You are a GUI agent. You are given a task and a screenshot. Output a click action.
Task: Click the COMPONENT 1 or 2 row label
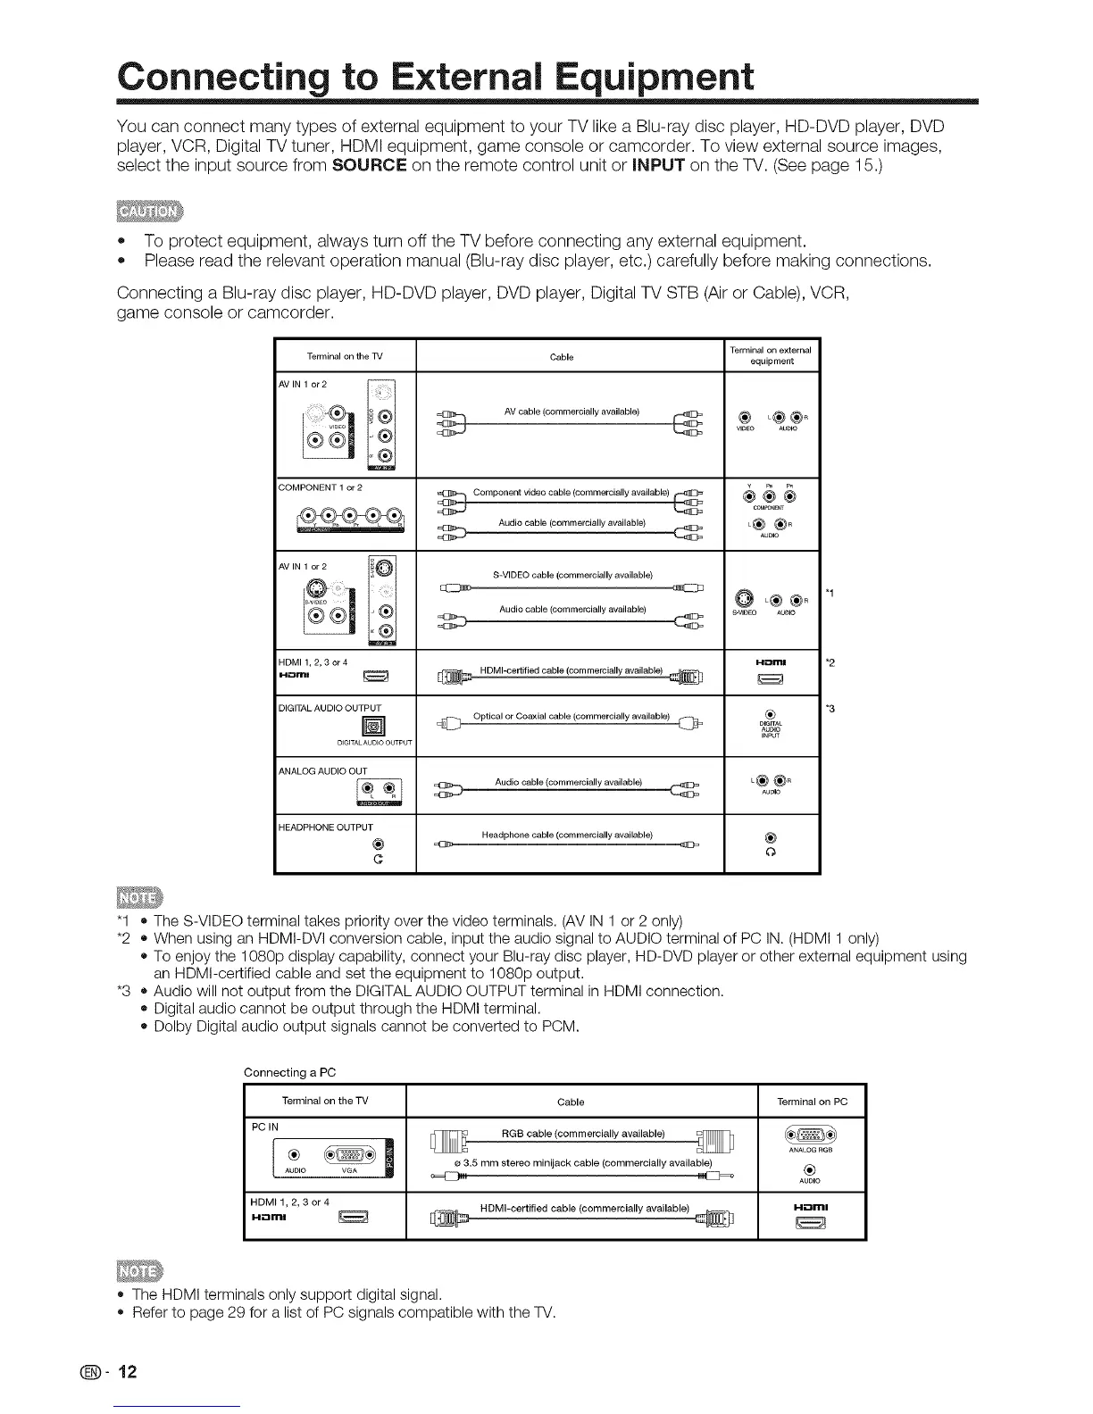coord(321,488)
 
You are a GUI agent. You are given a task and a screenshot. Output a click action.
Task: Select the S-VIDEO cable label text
coord(572,575)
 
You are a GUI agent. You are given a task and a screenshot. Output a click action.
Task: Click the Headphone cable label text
coord(567,835)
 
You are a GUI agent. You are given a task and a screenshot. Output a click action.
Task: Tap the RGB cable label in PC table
coord(583,1134)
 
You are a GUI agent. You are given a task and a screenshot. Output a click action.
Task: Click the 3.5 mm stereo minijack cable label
coord(582,1163)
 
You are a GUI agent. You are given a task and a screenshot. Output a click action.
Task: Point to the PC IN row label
coord(265,1127)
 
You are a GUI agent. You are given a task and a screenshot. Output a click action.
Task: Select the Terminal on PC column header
coord(812,1102)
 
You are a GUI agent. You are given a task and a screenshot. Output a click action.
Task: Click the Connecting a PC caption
coord(289,1072)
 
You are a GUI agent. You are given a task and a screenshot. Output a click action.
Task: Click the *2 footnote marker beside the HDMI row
coord(830,662)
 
